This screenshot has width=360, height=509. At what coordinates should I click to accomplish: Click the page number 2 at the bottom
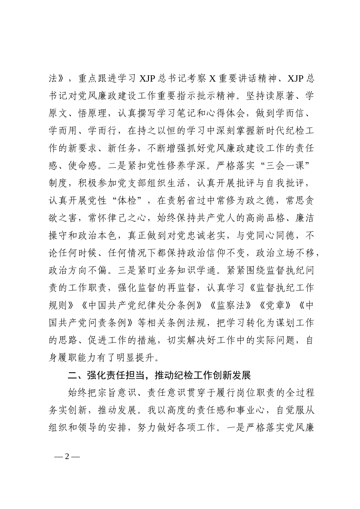click(67, 456)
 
